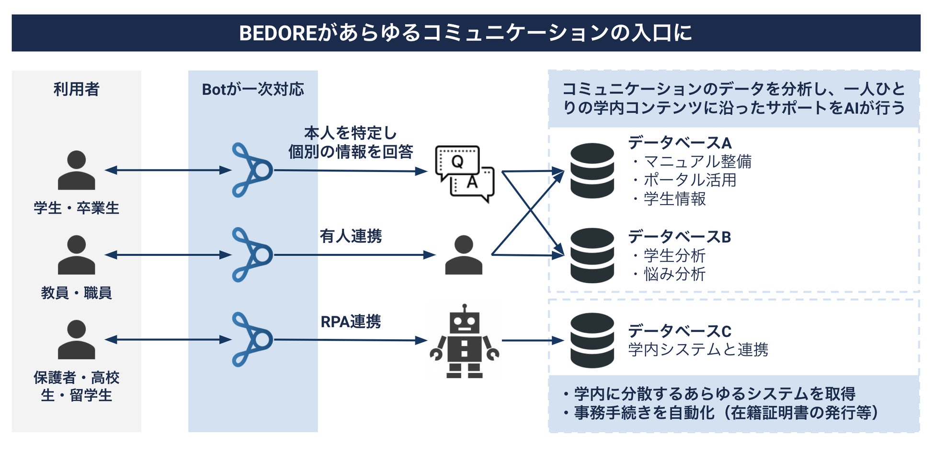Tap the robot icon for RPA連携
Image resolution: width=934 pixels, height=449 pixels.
point(464,341)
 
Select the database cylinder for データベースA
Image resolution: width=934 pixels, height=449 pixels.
point(592,171)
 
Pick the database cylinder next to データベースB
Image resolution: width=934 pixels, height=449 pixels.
point(592,255)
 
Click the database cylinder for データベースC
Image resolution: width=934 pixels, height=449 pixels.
point(592,340)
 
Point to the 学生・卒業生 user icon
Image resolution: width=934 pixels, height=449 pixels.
point(76,170)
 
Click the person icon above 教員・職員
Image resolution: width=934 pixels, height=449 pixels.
point(76,255)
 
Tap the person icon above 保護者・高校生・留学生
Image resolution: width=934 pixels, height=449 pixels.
point(76,340)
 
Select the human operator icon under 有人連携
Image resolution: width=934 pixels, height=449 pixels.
point(463,255)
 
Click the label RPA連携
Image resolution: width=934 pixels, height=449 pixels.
point(351,322)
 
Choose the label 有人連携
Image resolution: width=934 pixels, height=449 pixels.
point(351,236)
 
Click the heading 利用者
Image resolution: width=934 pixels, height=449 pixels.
point(76,89)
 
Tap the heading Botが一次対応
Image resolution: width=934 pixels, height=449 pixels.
point(253,89)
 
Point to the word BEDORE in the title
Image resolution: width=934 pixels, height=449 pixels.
point(278,34)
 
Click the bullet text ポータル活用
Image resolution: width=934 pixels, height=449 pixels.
point(690,180)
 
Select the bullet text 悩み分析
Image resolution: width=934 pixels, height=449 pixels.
point(674,274)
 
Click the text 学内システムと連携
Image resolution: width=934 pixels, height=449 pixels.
point(698,349)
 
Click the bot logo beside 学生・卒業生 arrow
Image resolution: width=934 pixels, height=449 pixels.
point(252,170)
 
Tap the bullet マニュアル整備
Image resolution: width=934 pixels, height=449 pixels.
point(697,161)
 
